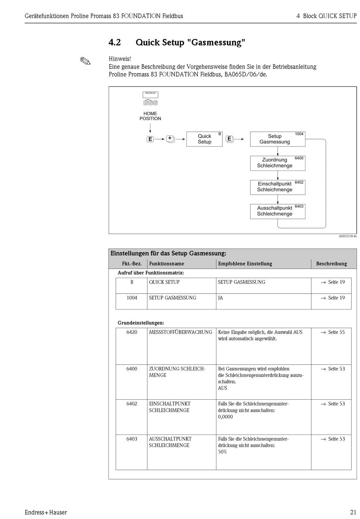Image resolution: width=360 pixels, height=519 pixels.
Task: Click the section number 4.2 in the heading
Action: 114,42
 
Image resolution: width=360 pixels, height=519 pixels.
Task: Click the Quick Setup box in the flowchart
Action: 204,139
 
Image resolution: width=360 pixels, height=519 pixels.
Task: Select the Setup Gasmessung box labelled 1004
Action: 277,139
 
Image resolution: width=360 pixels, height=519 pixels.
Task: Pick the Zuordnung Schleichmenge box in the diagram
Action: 277,163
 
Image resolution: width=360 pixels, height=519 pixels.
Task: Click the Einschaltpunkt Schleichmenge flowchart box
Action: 277,187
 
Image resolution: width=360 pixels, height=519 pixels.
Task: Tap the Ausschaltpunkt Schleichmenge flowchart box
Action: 277,211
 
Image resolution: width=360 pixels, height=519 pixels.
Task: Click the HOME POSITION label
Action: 150,116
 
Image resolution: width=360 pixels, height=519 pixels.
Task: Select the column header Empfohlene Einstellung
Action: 245,264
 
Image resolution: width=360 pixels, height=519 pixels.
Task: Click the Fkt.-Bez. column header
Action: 131,264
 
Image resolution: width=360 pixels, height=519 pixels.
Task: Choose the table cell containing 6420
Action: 131,332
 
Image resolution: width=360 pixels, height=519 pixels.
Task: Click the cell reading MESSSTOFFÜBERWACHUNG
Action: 180,332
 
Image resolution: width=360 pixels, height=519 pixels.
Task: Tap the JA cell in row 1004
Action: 221,298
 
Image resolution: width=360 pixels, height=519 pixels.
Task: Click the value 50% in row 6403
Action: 222,452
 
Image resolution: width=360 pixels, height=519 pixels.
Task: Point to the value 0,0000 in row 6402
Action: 225,417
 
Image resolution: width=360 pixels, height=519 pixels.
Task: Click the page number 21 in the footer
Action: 352,512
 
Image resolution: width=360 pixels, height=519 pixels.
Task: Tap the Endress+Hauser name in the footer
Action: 46,512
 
